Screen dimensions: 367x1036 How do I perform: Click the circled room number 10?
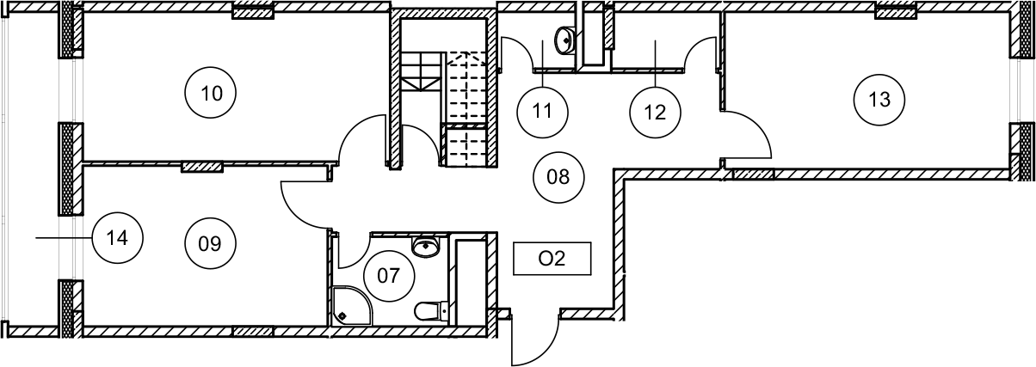click(x=211, y=92)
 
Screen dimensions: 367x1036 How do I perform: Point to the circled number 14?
click(x=118, y=237)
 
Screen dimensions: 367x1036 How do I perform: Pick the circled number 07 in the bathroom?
click(x=389, y=276)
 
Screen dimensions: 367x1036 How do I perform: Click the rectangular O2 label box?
click(x=552, y=259)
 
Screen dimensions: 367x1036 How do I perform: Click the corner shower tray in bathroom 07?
click(x=349, y=305)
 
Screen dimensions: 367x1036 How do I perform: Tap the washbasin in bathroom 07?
click(x=426, y=247)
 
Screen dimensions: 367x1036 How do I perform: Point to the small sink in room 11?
click(x=566, y=39)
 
